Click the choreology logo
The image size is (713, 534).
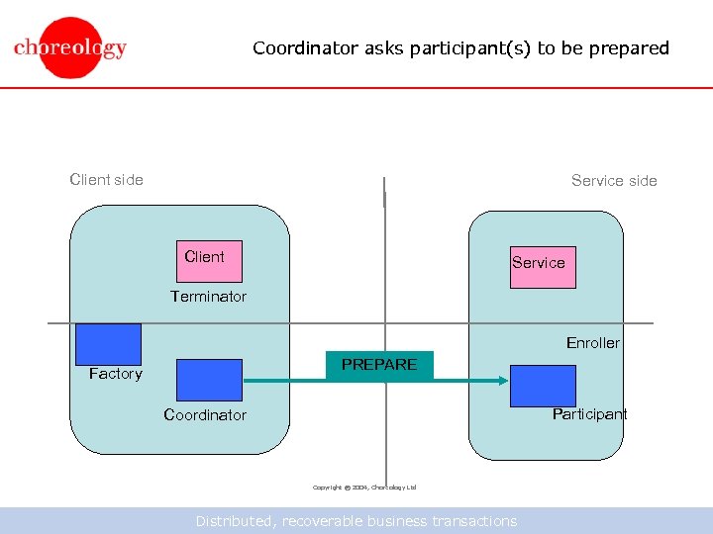click(70, 47)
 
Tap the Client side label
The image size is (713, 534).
click(106, 179)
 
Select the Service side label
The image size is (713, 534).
click(614, 180)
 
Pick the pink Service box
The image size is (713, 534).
click(542, 266)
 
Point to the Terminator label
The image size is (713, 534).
click(208, 297)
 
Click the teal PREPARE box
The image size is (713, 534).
click(379, 366)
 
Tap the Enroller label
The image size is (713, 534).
click(592, 343)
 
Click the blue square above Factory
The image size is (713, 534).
click(109, 344)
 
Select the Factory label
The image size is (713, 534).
click(116, 374)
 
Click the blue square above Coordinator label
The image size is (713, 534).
click(209, 380)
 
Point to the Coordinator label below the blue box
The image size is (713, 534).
click(205, 415)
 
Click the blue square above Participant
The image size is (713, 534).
click(543, 386)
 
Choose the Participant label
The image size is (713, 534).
click(589, 414)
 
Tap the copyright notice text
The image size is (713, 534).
click(363, 488)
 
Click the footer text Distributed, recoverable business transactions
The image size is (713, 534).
click(356, 521)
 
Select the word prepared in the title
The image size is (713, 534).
click(629, 47)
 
